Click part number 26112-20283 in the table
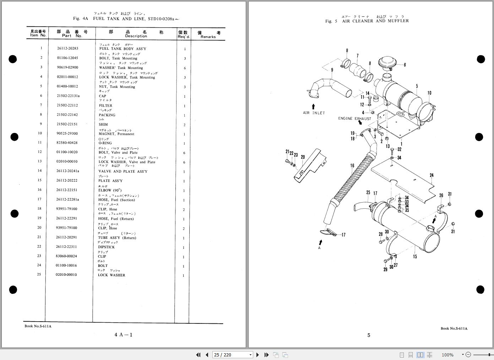pyautogui.click(x=67, y=48)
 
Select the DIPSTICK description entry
pyautogui.click(x=107, y=247)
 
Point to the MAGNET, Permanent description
pyautogui.click(x=116, y=134)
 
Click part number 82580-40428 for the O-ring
pyautogui.click(x=67, y=143)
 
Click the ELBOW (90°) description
pyautogui.click(x=110, y=190)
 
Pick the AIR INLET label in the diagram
pyautogui.click(x=314, y=113)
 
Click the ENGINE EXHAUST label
pyautogui.click(x=354, y=119)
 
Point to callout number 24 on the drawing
pyautogui.click(x=431, y=175)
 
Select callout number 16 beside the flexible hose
pyautogui.click(x=352, y=166)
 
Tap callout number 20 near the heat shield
pyautogui.click(x=303, y=157)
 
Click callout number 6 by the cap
pyautogui.click(x=405, y=65)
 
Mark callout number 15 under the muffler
pyautogui.click(x=415, y=256)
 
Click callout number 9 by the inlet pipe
pyautogui.click(x=332, y=70)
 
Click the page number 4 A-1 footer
pyautogui.click(x=123, y=335)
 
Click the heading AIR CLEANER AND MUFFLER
pyautogui.click(x=375, y=21)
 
